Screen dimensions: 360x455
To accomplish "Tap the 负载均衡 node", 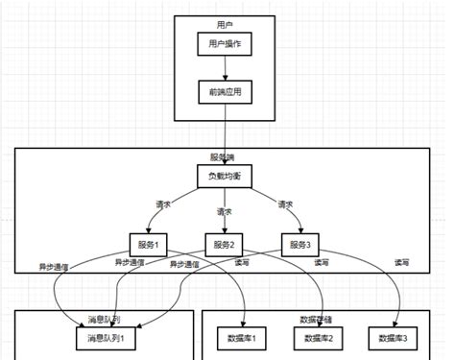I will (227, 178).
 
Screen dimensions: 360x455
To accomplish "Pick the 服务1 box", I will (149, 245).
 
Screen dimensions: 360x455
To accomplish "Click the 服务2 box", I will (226, 245).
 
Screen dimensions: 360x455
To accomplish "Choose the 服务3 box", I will (300, 245).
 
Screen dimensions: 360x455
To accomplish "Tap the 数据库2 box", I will (321, 338).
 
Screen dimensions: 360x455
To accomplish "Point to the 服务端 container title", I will (227, 156).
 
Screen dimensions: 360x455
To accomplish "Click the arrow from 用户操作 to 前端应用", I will (226, 67).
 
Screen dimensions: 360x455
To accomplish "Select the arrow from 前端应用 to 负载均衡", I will (227, 134).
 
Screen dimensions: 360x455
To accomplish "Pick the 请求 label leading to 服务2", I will (225, 211).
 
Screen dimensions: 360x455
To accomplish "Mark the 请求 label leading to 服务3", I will (285, 204).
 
